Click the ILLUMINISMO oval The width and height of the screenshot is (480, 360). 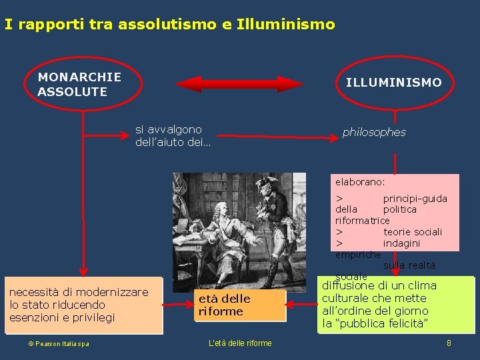[393, 83]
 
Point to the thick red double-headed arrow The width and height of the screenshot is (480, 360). [239, 83]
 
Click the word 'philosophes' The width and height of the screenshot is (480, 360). [373, 132]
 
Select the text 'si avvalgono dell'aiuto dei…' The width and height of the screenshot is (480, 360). [172, 136]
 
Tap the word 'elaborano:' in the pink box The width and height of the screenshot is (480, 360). [360, 181]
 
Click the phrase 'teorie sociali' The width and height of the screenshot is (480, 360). [412, 232]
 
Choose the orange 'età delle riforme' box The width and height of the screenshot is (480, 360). [239, 305]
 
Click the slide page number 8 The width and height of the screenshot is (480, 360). [449, 343]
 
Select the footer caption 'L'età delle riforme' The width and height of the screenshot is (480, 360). [240, 343]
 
